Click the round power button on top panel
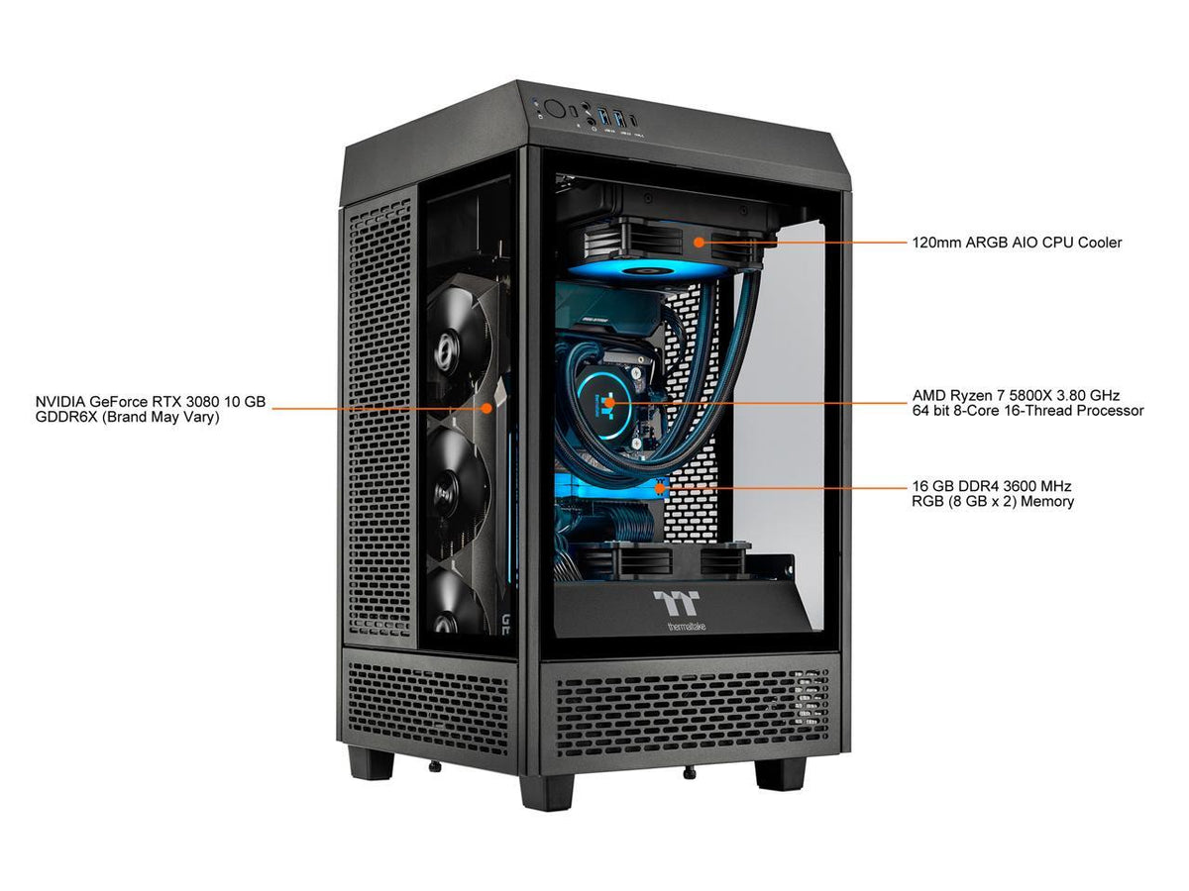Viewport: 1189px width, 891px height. point(554,109)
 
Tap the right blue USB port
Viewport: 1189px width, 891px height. point(620,116)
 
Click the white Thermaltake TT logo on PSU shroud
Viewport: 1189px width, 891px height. point(676,603)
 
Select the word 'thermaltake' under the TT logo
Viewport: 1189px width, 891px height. point(686,627)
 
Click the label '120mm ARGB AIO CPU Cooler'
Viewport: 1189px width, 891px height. point(1017,243)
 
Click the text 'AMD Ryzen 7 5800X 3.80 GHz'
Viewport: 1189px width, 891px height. point(1016,395)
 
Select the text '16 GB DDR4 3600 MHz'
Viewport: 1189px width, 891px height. point(991,486)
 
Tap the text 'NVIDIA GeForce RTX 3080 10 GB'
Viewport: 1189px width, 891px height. point(151,401)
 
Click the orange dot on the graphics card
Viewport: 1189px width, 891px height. point(486,408)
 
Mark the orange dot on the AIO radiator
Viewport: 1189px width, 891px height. point(700,242)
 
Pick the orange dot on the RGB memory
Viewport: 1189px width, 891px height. point(660,488)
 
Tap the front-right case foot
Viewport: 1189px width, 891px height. point(781,774)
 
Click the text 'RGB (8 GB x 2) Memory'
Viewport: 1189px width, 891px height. point(993,502)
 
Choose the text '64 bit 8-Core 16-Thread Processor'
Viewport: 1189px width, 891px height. point(1027,411)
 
